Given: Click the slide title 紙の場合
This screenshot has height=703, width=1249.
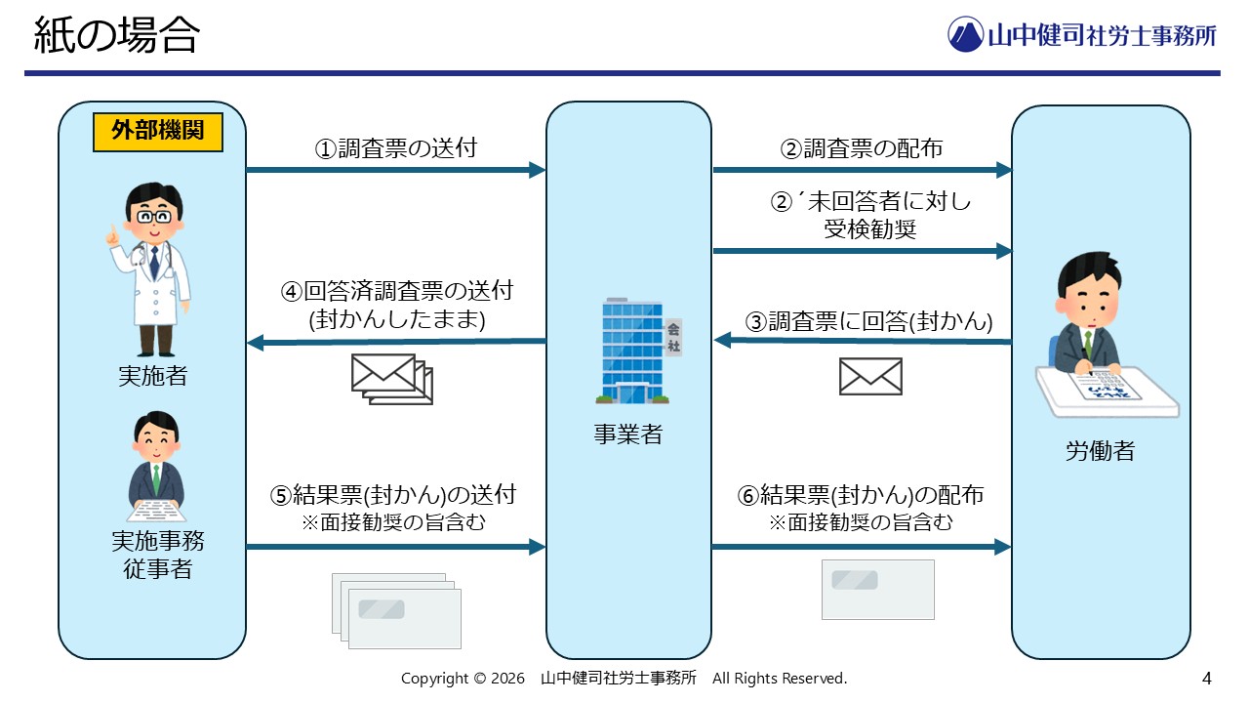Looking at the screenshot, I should point(116,37).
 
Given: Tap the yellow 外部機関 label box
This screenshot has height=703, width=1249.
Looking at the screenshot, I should point(157,133).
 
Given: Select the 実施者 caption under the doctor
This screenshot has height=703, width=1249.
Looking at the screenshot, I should point(152,376).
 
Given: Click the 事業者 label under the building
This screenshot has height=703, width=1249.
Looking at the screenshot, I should point(628,435).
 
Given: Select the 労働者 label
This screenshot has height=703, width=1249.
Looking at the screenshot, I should point(1100,451).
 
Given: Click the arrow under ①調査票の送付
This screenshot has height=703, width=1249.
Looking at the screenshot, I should point(395,170).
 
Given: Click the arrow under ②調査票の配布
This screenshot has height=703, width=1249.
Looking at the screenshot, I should point(863,170).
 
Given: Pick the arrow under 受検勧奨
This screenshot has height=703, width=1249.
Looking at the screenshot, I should point(863,251).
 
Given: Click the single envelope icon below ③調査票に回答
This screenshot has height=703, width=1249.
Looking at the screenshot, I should point(870,376).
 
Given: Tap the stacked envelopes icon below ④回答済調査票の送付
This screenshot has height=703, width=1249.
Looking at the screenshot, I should point(391,378).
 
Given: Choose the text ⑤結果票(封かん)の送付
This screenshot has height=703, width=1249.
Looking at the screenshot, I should point(393,495).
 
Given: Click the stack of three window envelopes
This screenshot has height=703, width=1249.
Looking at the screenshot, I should point(396,609).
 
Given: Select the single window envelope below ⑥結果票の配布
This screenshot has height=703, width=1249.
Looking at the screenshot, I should point(877,589).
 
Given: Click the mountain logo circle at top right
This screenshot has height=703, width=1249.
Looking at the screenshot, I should point(965,34).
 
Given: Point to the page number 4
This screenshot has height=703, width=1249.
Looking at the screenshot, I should point(1207,678).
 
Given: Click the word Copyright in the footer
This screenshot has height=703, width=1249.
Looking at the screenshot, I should point(435,679).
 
